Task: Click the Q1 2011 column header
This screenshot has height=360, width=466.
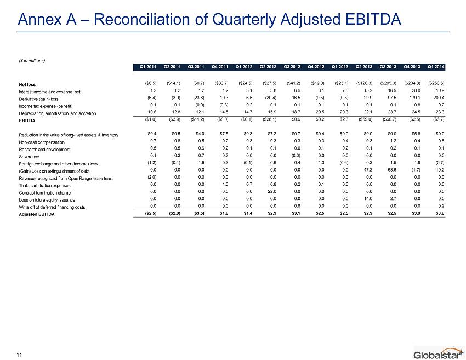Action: pyautogui.click(x=147, y=67)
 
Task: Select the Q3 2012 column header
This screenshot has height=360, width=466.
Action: pyautogui.click(x=292, y=67)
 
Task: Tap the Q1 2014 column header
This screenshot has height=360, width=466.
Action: pyautogui.click(x=436, y=67)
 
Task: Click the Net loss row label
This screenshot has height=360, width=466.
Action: pyautogui.click(x=27, y=84)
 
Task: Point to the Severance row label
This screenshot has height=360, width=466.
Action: pyautogui.click(x=29, y=157)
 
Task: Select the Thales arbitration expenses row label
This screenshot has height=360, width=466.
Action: pyautogui.click(x=44, y=186)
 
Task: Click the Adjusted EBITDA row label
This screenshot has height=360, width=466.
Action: pyautogui.click(x=37, y=214)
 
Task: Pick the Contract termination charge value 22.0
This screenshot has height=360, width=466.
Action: pyautogui.click(x=272, y=192)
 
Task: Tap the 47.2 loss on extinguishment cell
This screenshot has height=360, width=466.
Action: pyautogui.click(x=368, y=170)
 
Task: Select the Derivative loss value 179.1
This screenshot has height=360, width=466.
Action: pyautogui.click(x=415, y=98)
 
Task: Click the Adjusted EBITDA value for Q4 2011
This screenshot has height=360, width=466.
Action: pyautogui.click(x=224, y=213)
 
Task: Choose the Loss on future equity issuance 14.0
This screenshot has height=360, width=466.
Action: pyautogui.click(x=368, y=199)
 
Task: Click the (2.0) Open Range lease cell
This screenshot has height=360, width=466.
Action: pyautogui.click(x=152, y=177)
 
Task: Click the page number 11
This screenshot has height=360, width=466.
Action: pyautogui.click(x=19, y=355)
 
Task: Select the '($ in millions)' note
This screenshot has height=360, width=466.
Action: pyautogui.click(x=32, y=61)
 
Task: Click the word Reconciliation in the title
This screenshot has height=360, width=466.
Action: pyautogui.click(x=142, y=19)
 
